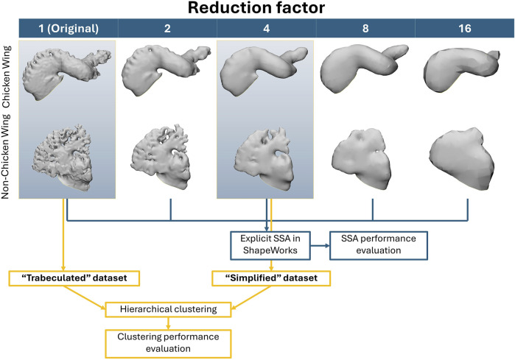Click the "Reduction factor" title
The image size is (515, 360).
(257, 11)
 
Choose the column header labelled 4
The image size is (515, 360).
(266, 30)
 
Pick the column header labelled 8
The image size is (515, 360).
(365, 30)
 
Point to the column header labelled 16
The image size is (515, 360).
(464, 30)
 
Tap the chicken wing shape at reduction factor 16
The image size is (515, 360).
(465, 77)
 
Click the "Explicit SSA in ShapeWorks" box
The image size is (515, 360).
(268, 245)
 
